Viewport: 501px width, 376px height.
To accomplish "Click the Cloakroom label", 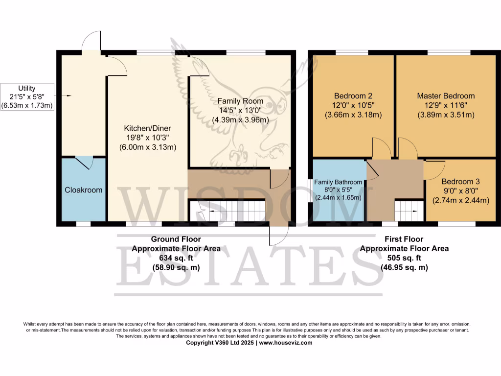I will pos(84,189).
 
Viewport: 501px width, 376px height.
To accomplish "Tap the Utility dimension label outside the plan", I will pos(27,96).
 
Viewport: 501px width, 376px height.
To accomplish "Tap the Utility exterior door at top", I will pos(91,41).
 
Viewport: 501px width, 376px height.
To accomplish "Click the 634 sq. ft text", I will pos(176,258).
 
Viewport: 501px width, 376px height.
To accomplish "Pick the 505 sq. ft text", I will pos(404,258).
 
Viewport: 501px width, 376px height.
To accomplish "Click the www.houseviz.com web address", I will pos(285,343).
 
